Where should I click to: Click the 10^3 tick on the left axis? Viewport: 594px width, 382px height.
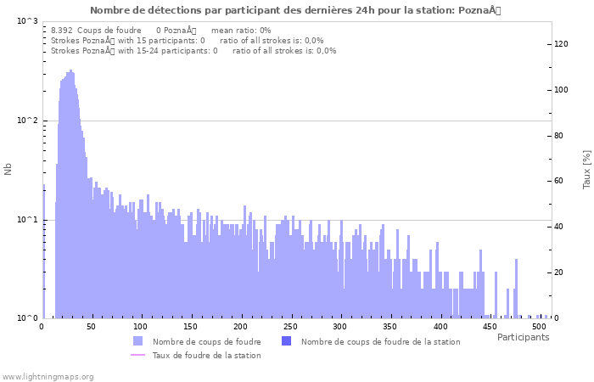27,20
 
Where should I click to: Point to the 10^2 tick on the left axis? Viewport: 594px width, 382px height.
27,121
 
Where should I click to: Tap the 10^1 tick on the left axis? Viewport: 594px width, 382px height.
27,220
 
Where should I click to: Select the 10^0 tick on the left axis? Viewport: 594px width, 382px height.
27,319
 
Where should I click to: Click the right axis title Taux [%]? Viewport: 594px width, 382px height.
586,170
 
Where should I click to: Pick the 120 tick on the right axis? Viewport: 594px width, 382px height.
562,44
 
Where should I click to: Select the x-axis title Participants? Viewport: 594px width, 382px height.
523,337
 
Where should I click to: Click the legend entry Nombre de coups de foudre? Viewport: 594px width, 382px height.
206,341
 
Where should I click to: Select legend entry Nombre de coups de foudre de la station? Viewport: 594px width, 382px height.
380,341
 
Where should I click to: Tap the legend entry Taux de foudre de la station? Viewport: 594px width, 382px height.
206,355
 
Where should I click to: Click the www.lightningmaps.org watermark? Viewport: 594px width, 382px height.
47,376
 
